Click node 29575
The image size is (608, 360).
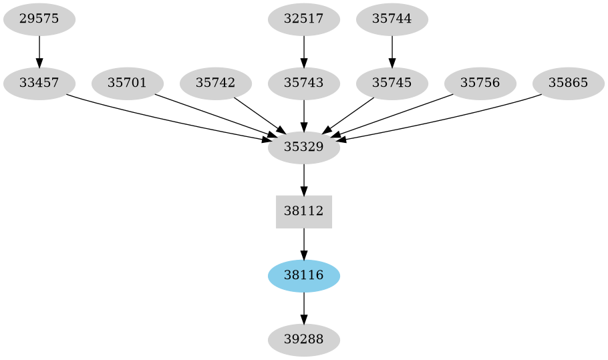[39, 19]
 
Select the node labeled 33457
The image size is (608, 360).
[39, 83]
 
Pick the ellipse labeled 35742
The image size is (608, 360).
[216, 83]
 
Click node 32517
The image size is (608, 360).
[304, 19]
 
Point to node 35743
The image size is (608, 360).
[304, 83]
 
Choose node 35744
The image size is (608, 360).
[392, 19]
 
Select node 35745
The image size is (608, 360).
[392, 83]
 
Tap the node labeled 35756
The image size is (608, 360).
[480, 83]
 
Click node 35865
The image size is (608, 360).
[569, 83]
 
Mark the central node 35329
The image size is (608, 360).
[304, 148]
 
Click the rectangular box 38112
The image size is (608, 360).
[304, 212]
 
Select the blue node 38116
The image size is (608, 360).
[304, 276]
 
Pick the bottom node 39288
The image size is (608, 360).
[304, 340]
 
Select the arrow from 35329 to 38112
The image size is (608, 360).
[304, 179]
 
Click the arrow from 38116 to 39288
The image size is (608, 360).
[304, 307]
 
